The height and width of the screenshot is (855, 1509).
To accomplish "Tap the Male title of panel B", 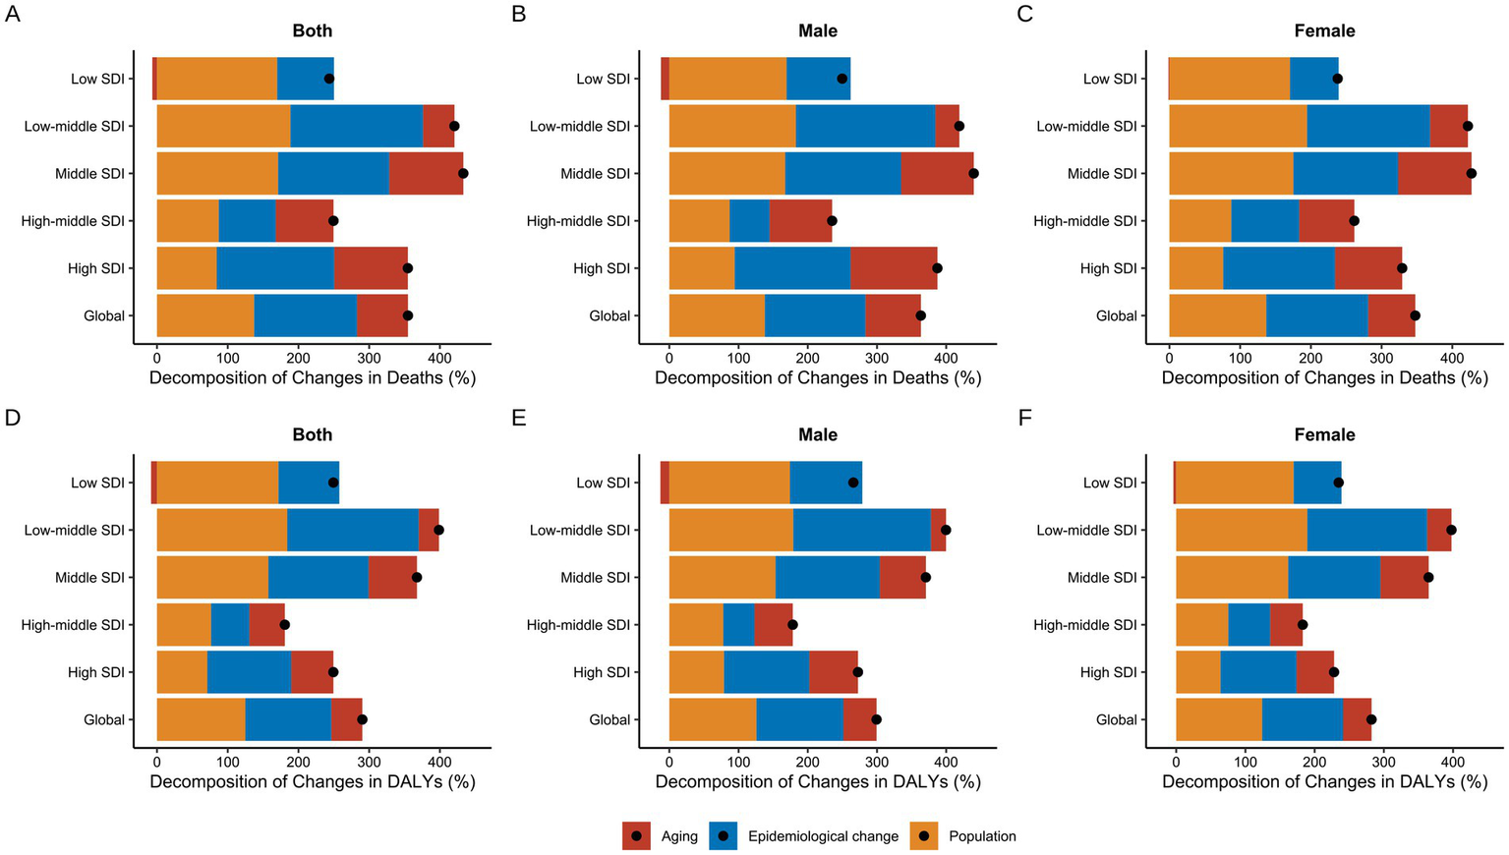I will coord(817,30).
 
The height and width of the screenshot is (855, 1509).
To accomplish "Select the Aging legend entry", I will coord(660,836).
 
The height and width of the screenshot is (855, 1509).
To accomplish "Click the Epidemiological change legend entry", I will coord(803,836).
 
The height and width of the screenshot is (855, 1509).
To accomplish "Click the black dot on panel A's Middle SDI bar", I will coord(463,173).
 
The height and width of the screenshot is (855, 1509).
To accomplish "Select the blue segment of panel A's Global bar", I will coord(305,315).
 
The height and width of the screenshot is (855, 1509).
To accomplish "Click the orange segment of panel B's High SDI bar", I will coord(701,268).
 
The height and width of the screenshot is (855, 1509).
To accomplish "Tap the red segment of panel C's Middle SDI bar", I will coord(1433,173).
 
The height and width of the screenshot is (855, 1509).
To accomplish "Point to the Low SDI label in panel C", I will coord(1109,79).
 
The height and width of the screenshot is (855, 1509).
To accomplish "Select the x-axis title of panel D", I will coord(312,782).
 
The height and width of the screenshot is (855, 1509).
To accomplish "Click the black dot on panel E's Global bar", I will coord(876,719).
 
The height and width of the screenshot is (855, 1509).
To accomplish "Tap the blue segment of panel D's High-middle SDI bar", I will coord(230,625).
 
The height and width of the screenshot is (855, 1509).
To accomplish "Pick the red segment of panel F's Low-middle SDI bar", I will coord(1438,530).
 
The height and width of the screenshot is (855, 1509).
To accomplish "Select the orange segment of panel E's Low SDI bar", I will coord(728,483).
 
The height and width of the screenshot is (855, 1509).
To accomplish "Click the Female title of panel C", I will coord(1324,30).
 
